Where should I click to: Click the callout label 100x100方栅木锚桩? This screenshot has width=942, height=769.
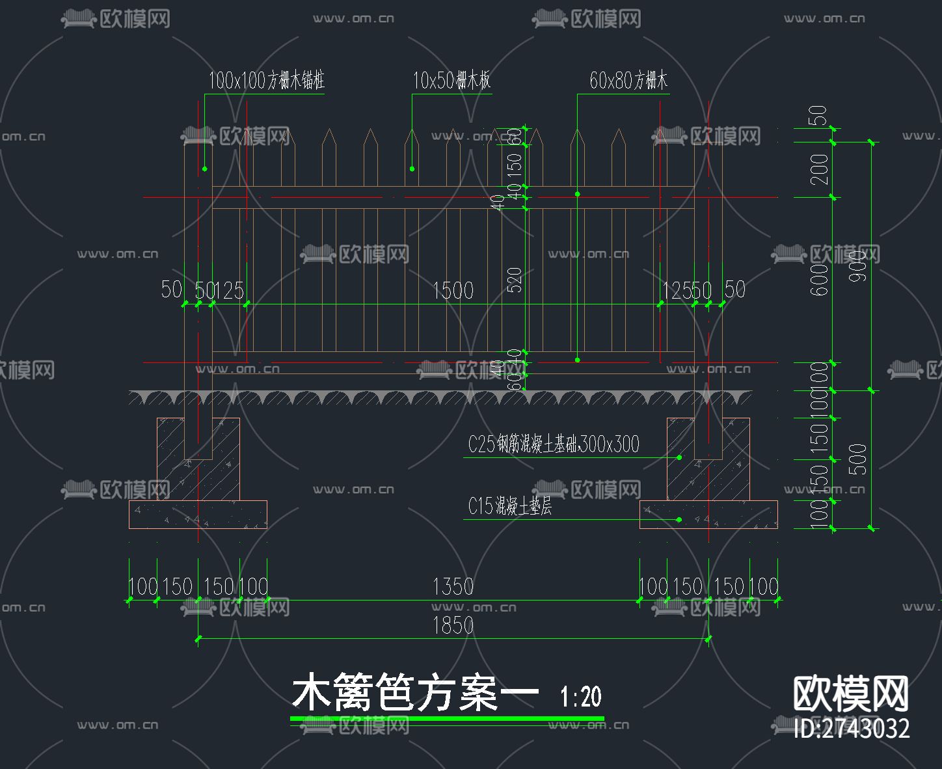266,81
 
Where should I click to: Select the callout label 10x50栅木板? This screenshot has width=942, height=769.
451,81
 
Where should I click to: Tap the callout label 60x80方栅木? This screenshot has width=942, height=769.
628,81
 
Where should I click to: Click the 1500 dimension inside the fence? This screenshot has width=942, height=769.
453,290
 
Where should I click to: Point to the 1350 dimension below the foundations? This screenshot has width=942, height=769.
453,587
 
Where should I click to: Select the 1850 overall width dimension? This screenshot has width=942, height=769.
453,626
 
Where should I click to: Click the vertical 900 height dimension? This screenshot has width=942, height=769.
859,266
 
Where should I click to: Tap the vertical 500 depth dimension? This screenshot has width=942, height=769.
859,459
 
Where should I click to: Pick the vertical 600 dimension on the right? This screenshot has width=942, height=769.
820,280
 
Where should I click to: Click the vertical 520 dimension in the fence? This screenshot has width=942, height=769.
515,280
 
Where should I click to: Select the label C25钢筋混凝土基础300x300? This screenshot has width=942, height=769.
554,444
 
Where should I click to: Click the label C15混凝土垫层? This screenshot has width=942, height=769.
509,506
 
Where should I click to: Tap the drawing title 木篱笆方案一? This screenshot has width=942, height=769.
415,694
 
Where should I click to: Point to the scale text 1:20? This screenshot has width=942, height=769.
581,697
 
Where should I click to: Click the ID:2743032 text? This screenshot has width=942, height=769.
852,728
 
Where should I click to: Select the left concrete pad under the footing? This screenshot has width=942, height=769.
198,515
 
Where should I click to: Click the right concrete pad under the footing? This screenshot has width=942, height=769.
708,515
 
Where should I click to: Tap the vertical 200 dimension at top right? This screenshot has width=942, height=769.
820,169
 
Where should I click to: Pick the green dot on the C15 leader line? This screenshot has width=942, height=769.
679,520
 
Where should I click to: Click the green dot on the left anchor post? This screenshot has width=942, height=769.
204,169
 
